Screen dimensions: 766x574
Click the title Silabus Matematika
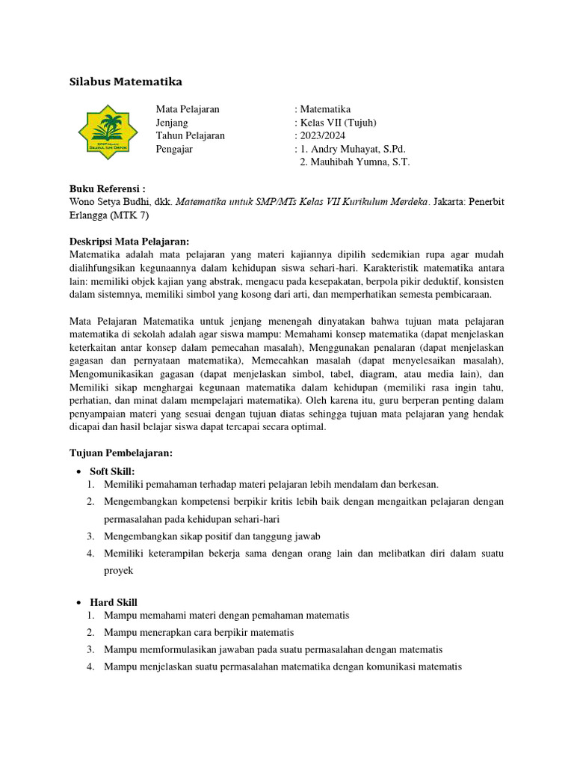click(x=126, y=81)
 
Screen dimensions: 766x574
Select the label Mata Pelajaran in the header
click(x=188, y=109)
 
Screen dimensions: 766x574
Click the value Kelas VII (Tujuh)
click(x=339, y=123)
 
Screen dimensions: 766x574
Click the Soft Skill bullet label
click(x=112, y=471)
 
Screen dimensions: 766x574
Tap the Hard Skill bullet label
click(x=114, y=602)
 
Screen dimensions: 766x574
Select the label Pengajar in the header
click(x=175, y=149)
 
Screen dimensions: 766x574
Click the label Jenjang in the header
click(x=172, y=123)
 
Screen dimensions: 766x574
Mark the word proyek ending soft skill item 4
click(x=118, y=571)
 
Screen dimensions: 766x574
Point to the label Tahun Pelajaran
click(x=190, y=135)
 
